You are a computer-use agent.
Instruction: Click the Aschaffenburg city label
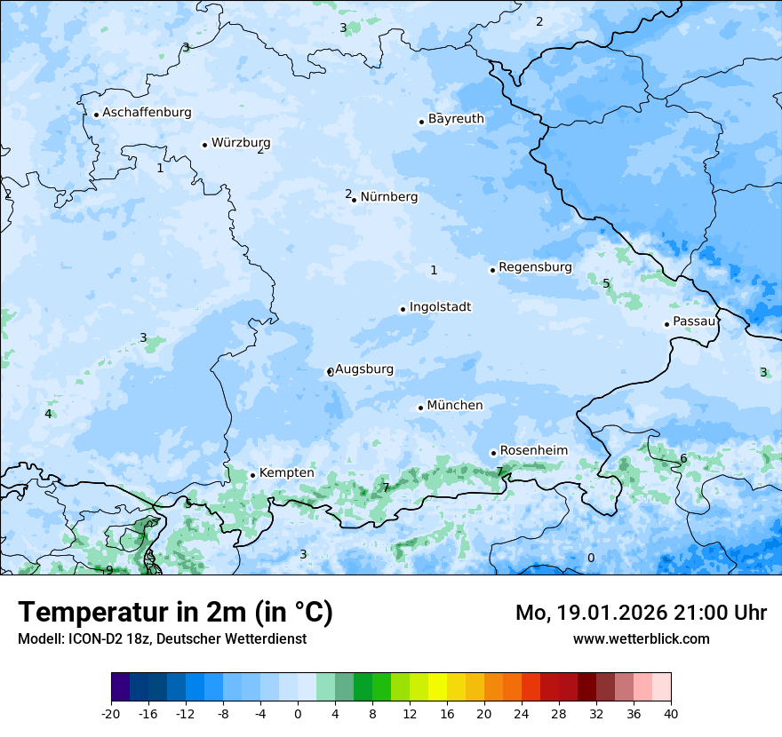(x=147, y=113)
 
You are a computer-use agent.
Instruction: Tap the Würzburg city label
(x=240, y=143)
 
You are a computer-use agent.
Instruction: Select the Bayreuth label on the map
(x=456, y=119)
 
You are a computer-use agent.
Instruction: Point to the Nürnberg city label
(x=388, y=197)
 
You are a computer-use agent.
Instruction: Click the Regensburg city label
(x=535, y=267)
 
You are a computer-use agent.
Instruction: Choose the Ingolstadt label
(x=440, y=307)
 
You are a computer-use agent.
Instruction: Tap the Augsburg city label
(x=363, y=369)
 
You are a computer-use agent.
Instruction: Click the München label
(x=454, y=406)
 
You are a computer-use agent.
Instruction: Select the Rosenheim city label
(x=533, y=451)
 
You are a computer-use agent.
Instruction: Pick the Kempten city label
(x=286, y=473)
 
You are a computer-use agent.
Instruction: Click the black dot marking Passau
(x=666, y=324)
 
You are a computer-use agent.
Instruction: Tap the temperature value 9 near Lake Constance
(x=109, y=570)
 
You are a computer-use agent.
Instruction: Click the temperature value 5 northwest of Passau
(x=606, y=283)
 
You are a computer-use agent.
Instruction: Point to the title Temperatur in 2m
(x=175, y=613)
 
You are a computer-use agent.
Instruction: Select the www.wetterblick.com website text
(x=641, y=638)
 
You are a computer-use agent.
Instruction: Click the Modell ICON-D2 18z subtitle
(x=162, y=638)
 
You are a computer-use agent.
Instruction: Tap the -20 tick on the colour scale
(x=111, y=714)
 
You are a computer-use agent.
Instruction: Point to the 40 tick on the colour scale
(x=671, y=714)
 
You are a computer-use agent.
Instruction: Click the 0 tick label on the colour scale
(x=298, y=714)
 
